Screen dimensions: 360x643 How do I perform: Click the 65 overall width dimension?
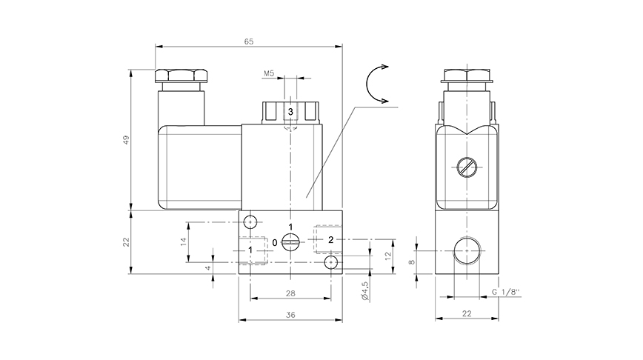pos(248,41)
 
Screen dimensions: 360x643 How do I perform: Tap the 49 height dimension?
pos(126,140)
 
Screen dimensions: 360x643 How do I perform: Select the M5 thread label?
pos(270,74)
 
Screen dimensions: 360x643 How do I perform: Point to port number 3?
pos(290,111)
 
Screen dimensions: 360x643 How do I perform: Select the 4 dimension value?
pos(209,268)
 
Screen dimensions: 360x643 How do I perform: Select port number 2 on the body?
pos(331,239)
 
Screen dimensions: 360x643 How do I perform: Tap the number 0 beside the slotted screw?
pos(275,242)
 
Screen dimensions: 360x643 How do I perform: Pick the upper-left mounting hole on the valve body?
pos(250,221)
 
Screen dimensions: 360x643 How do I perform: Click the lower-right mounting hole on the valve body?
pos(330,263)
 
